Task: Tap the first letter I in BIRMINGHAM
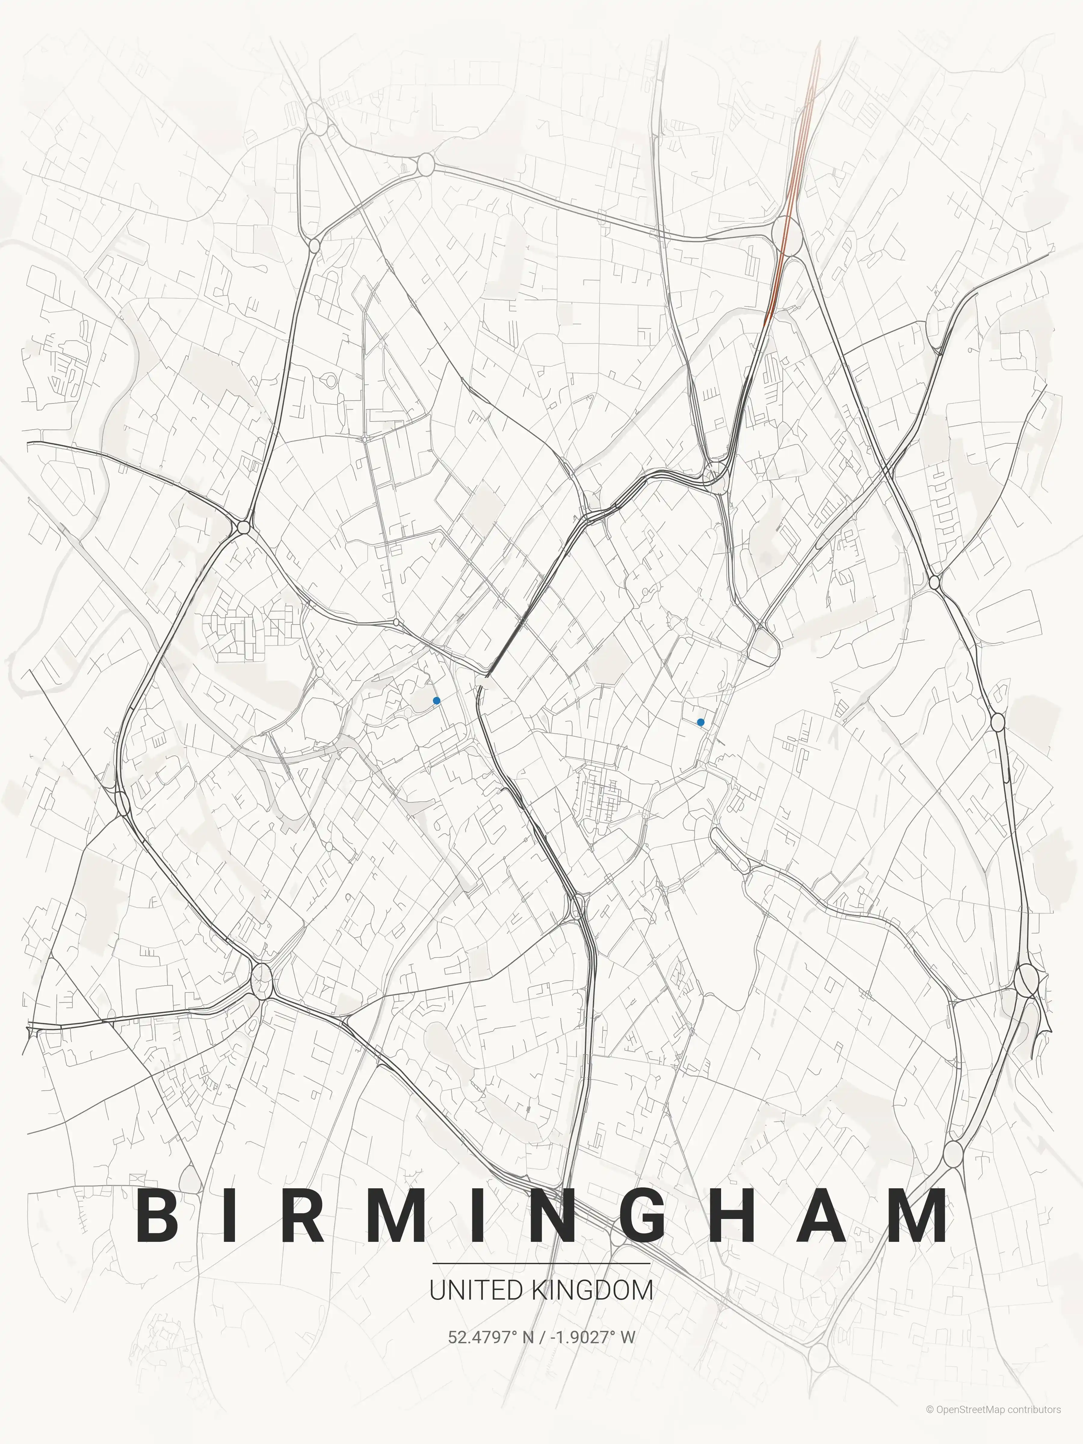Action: pos(230,1216)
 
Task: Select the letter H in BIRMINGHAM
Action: pos(743,1216)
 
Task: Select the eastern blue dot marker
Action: pos(700,722)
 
